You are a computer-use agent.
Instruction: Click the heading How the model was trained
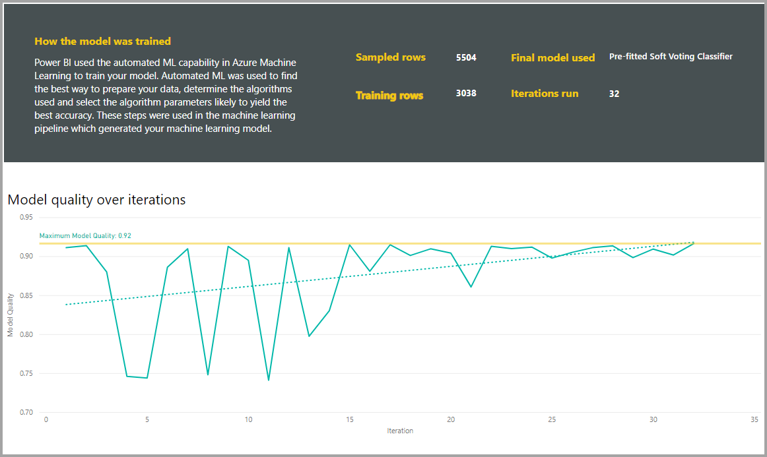(102, 41)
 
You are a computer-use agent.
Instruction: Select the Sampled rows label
(391, 57)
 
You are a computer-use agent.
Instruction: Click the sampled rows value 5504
(466, 57)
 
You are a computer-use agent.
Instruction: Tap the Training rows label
(389, 96)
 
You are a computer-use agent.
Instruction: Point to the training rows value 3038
(466, 94)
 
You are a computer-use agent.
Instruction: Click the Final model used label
(552, 58)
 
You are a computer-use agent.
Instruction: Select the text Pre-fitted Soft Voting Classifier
(671, 57)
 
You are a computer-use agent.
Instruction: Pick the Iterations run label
(545, 94)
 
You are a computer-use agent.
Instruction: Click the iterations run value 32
(614, 94)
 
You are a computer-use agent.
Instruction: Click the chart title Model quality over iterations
(96, 199)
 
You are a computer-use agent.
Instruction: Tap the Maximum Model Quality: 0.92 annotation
(81, 235)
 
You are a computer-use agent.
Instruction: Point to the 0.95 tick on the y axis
(26, 217)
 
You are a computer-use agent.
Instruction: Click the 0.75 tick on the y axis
(26, 374)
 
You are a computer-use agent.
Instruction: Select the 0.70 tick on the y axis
(26, 413)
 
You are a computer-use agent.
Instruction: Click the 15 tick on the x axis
(350, 419)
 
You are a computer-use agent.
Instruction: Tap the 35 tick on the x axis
(754, 419)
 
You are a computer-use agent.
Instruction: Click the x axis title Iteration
(400, 431)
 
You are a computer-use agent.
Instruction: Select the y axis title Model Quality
(11, 315)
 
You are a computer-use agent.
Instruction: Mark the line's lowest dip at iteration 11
(269, 381)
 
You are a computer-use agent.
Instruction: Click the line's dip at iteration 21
(471, 287)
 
